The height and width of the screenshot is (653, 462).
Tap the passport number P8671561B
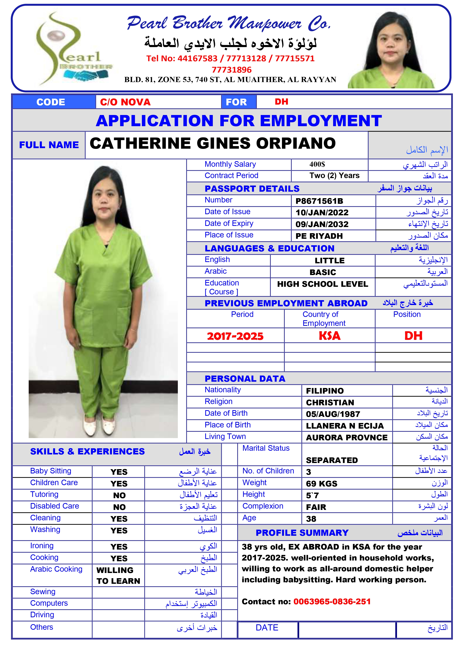tap(319, 201)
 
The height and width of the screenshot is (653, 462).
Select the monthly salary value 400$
tap(317, 164)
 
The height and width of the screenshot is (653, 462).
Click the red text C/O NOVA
tap(125, 102)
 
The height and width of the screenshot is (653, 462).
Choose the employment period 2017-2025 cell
tap(235, 336)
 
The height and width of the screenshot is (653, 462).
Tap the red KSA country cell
tap(329, 336)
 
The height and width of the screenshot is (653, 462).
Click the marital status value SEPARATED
tap(332, 460)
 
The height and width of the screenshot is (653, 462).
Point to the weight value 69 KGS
tap(321, 484)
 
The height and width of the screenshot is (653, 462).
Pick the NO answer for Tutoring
tap(119, 495)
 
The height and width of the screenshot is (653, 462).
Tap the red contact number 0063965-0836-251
tap(332, 601)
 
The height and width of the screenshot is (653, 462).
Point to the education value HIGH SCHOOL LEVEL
tap(323, 284)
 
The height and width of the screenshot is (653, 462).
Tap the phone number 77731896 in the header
tap(231, 70)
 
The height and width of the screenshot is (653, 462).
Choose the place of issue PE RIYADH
tap(319, 236)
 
